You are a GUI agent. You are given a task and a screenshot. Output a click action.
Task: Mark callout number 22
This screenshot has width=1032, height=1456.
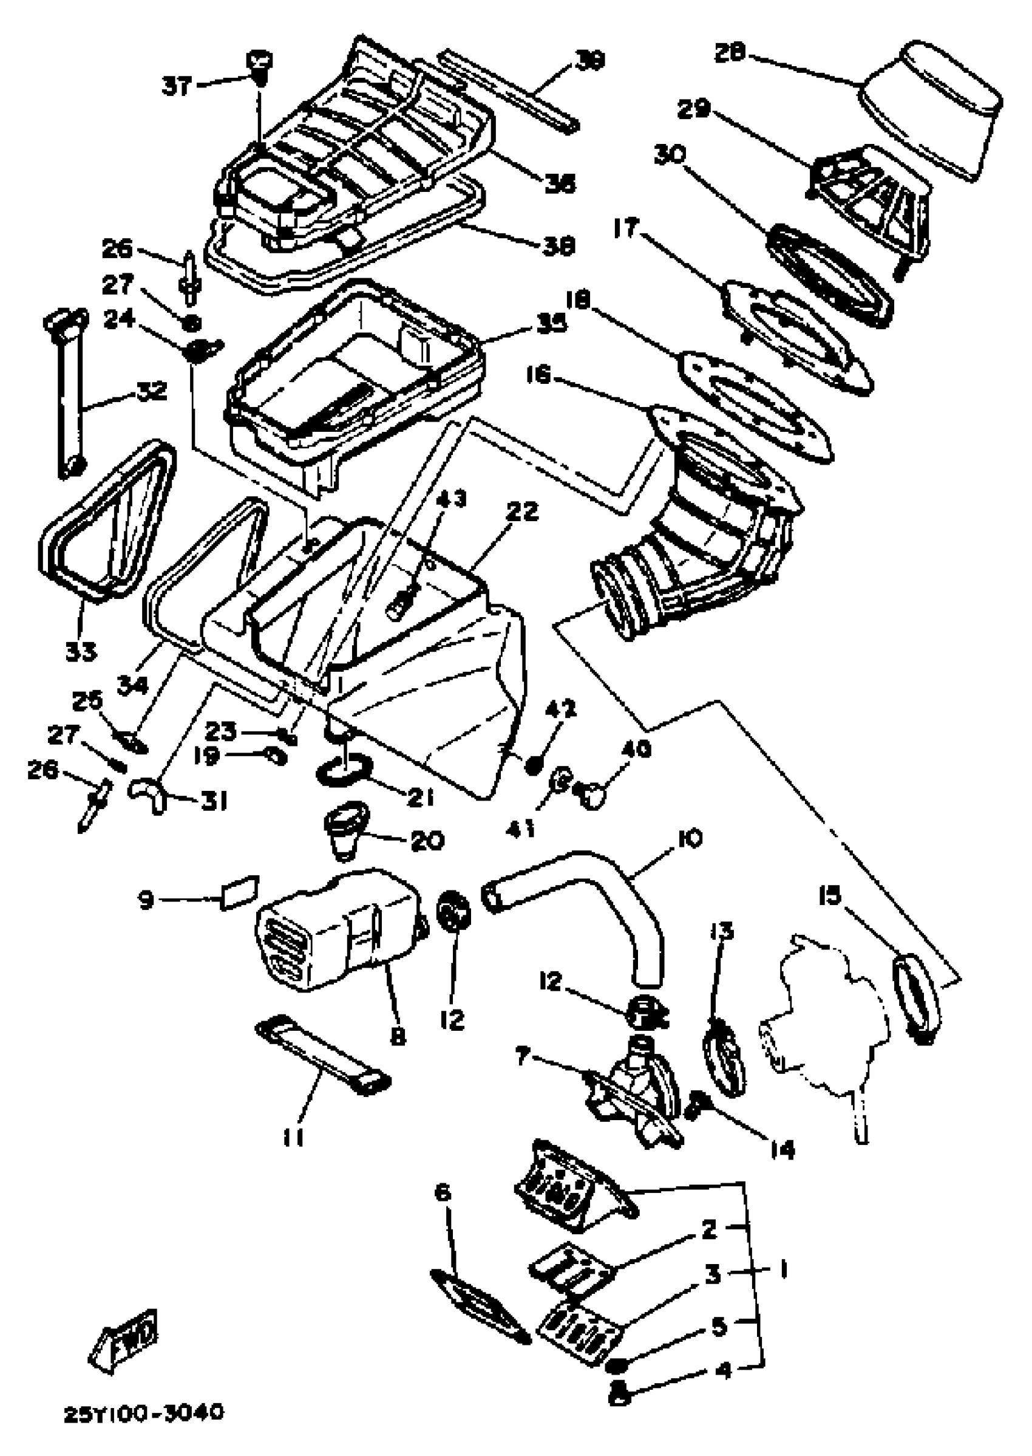point(522,512)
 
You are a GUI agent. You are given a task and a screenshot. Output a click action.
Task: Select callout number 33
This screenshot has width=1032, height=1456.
point(81,651)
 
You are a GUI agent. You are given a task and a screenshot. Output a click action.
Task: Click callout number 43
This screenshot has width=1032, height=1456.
point(450,499)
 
